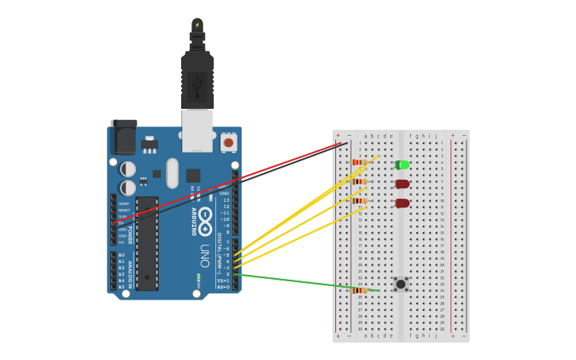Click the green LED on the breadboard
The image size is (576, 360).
click(403, 165)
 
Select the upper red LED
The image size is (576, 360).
click(403, 184)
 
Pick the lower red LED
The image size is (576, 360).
click(403, 203)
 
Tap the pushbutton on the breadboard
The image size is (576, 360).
click(400, 284)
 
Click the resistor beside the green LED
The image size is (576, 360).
click(358, 162)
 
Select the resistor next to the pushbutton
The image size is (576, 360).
click(359, 291)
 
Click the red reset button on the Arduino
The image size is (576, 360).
click(229, 143)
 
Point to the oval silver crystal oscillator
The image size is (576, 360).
click(172, 172)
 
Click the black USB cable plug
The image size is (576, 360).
click(197, 79)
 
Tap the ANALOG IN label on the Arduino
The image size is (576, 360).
click(130, 269)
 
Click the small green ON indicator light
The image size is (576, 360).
click(198, 277)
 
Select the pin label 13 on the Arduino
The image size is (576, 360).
click(226, 200)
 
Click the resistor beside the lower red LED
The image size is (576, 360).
click(359, 201)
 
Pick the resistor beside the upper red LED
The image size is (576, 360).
click(359, 182)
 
